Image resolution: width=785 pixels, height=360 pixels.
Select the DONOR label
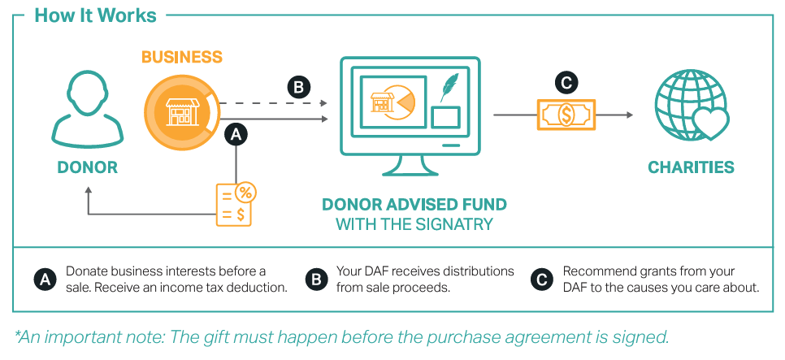click(87, 168)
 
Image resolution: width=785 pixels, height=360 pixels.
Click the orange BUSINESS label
click(181, 58)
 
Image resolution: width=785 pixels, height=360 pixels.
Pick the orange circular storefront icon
click(181, 111)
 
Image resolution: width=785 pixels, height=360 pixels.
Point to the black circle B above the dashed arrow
click(298, 87)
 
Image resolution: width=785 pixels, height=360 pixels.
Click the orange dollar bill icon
click(566, 115)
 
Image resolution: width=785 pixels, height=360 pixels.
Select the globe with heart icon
click(691, 111)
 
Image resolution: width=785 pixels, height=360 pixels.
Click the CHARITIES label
click(691, 168)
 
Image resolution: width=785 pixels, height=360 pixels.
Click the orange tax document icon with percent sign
click(235, 203)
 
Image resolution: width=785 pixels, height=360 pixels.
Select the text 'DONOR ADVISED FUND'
click(414, 204)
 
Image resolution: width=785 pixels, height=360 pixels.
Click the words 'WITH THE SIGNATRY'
click(414, 223)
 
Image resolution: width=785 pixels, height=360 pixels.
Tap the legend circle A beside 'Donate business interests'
click(46, 280)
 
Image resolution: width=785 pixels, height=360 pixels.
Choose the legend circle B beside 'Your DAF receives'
click(315, 280)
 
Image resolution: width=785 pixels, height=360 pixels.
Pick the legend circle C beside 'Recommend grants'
click(541, 280)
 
